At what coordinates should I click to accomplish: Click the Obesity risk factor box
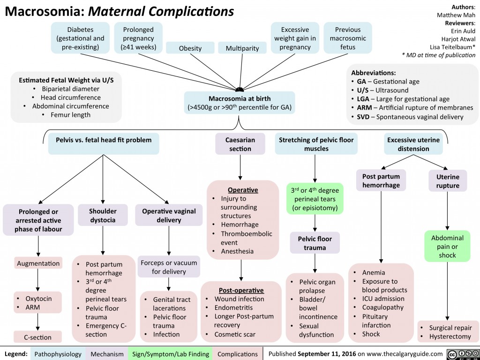190,48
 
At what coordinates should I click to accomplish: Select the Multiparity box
242,48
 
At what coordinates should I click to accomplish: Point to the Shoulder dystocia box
103,216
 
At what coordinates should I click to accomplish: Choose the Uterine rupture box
447,181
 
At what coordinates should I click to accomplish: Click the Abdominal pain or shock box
447,247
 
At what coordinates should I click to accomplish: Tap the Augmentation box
38,263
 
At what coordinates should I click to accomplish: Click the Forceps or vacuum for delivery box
169,267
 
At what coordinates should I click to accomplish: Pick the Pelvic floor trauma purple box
315,243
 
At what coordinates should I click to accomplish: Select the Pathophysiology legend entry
58,354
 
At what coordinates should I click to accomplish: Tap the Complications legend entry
238,354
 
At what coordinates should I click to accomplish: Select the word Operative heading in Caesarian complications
241,190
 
